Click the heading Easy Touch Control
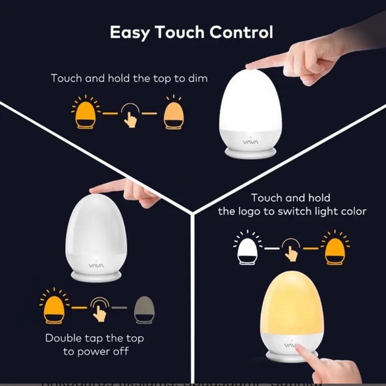point(191,32)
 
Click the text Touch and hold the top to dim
point(129,79)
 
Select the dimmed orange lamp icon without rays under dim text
point(173,114)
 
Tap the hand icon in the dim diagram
point(130,116)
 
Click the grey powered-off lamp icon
point(143,309)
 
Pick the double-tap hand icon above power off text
point(100,308)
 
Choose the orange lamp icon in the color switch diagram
point(335,248)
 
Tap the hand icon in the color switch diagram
point(290,250)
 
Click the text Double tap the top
point(95,338)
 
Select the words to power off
point(96,351)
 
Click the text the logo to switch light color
point(292,212)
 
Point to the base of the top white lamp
point(251,152)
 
